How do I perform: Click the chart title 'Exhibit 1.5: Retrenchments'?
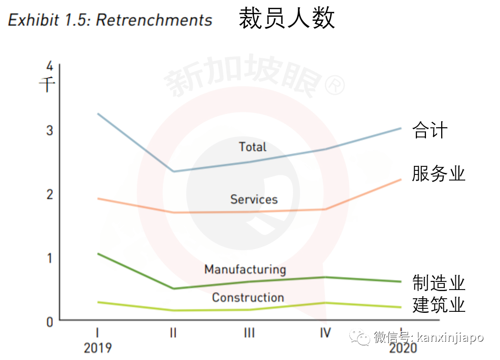110,20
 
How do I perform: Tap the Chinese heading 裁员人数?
287,19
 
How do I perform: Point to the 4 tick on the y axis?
49,66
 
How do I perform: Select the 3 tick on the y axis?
49,130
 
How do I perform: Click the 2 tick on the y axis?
49,194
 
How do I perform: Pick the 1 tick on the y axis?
49,258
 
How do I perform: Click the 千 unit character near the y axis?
47,84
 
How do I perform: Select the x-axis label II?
173,333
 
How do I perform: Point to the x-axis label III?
249,333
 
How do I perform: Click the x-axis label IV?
325,333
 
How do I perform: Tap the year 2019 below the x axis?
97,348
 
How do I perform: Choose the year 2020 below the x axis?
403,348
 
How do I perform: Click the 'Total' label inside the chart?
253,147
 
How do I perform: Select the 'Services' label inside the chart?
254,199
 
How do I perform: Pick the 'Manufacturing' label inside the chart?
245,269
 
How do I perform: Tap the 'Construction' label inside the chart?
247,298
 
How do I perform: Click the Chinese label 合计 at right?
430,130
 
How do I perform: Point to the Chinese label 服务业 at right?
438,174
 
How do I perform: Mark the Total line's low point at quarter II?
173,171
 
